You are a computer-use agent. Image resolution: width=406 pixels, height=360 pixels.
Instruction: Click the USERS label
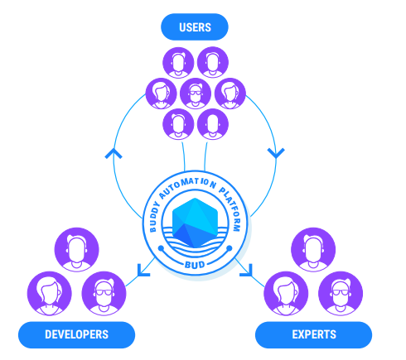(195, 27)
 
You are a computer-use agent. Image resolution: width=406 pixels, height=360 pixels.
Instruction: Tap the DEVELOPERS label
(76, 334)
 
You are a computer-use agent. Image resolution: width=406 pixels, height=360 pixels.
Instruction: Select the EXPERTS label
(314, 334)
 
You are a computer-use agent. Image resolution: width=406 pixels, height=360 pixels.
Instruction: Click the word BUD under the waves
(195, 265)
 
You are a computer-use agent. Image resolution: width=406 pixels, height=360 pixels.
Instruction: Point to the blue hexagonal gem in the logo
(195, 223)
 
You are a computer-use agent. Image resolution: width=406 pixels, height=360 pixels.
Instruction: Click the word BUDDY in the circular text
(155, 217)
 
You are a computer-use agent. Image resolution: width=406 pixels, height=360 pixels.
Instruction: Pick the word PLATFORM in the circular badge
(231, 208)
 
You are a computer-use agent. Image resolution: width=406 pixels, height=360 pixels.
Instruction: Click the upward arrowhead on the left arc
(114, 153)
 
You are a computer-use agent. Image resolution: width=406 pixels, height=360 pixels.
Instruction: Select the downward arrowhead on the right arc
(276, 153)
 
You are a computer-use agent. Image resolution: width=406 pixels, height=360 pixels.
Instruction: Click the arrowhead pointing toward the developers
(143, 271)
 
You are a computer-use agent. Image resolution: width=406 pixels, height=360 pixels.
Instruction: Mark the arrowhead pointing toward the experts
(246, 270)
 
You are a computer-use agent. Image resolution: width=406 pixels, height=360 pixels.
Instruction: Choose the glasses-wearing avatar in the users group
(196, 94)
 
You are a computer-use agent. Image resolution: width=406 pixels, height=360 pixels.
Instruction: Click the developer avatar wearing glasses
(104, 293)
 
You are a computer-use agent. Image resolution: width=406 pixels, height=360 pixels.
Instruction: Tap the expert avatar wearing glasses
(341, 293)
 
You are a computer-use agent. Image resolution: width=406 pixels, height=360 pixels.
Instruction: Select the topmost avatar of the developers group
(76, 250)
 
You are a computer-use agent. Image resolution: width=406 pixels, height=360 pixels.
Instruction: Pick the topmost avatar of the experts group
(313, 250)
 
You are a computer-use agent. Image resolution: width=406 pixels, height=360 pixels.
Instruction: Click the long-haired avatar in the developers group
(50, 293)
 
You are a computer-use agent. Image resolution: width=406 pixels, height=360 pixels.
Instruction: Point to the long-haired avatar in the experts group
(286, 293)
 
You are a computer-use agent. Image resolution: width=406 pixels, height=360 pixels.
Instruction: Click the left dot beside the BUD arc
(161, 249)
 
